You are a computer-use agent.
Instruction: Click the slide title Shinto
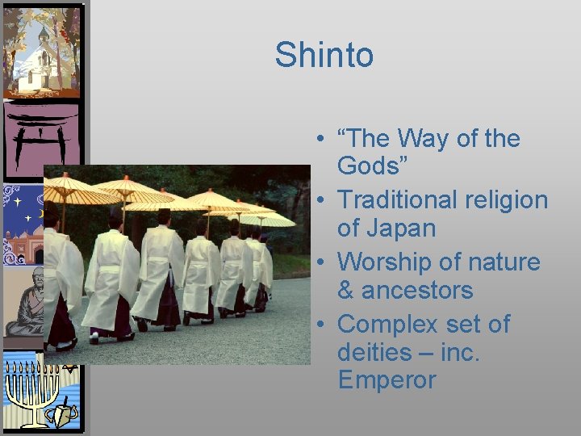324,55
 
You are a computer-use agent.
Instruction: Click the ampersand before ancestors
346,290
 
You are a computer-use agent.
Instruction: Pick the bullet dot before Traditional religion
321,199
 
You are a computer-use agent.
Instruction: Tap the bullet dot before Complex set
321,325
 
